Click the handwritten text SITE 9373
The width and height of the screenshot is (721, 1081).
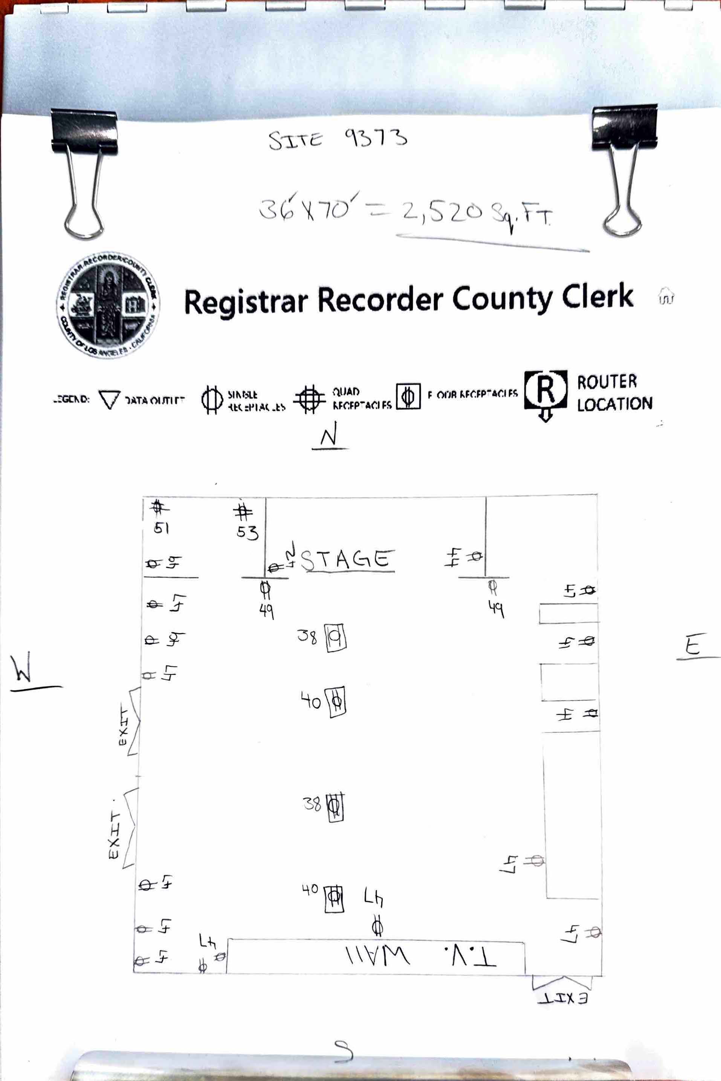point(338,139)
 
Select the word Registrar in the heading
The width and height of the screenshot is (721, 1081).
point(246,302)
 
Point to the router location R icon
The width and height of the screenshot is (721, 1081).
point(546,391)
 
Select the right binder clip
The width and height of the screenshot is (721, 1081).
point(624,168)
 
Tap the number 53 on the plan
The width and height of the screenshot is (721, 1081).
point(247,532)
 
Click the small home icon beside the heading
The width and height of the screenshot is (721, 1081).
point(666,296)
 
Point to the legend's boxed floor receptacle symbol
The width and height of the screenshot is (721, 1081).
point(408,396)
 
